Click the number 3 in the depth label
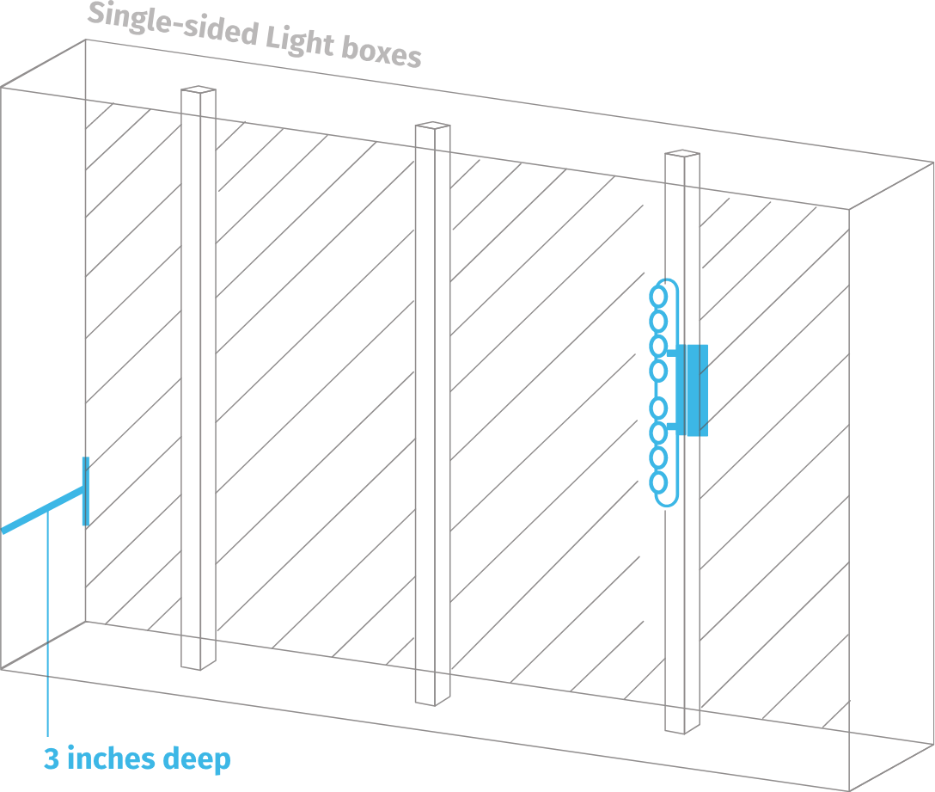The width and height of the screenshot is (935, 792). (51, 760)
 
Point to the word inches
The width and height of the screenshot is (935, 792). (111, 759)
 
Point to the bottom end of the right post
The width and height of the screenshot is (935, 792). (675, 730)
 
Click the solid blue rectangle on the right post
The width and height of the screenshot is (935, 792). (693, 390)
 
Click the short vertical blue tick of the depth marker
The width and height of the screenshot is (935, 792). (85, 491)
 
